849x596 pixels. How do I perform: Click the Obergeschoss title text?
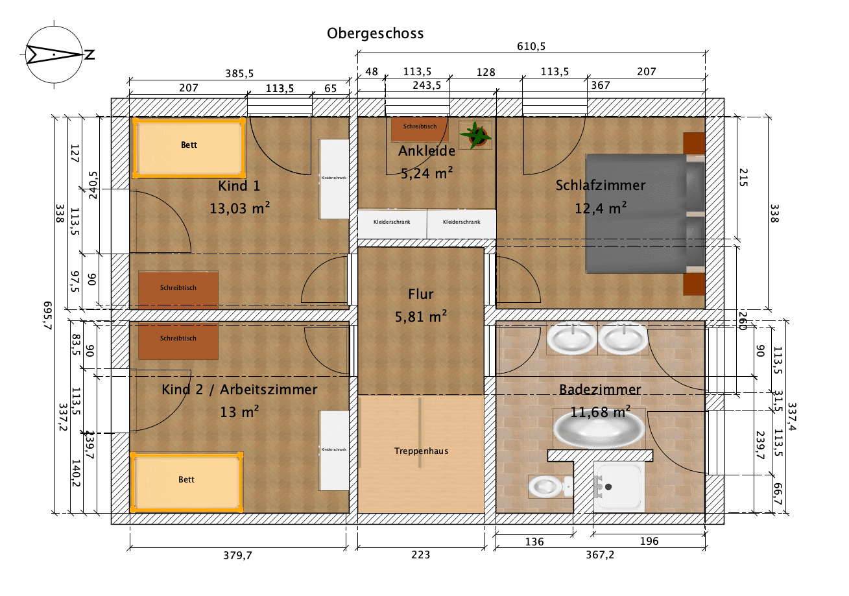pyautogui.click(x=375, y=33)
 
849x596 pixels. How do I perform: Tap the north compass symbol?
pyautogui.click(x=53, y=54)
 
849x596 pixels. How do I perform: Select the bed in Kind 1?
pyautogui.click(x=188, y=147)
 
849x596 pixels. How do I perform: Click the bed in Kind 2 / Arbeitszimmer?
pyautogui.click(x=187, y=481)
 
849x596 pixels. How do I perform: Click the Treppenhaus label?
pyautogui.click(x=421, y=451)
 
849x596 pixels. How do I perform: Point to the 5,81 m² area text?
pyautogui.click(x=421, y=316)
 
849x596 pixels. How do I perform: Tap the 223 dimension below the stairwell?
pyautogui.click(x=421, y=555)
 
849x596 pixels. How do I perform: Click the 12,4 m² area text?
pyautogui.click(x=600, y=208)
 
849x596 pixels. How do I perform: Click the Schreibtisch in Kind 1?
pyautogui.click(x=178, y=289)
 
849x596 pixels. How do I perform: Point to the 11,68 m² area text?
pyautogui.click(x=600, y=412)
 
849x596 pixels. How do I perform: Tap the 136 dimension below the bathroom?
pyautogui.click(x=534, y=541)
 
